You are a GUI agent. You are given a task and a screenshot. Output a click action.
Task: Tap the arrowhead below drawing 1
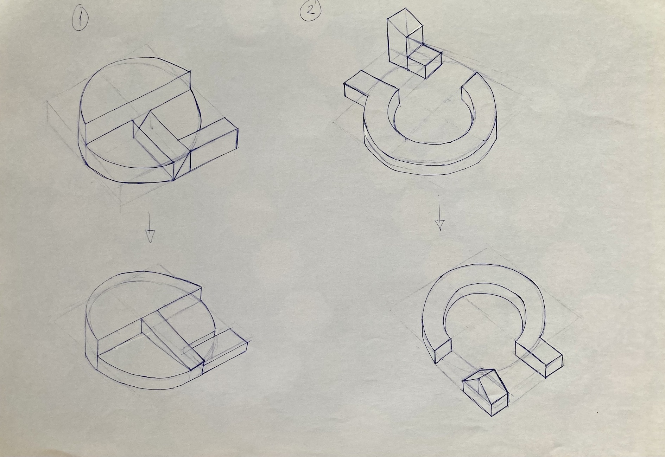tap(150, 236)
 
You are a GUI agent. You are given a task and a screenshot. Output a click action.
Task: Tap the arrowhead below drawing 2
tap(439, 224)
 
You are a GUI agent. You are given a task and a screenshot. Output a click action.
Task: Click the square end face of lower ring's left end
tap(443, 350)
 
